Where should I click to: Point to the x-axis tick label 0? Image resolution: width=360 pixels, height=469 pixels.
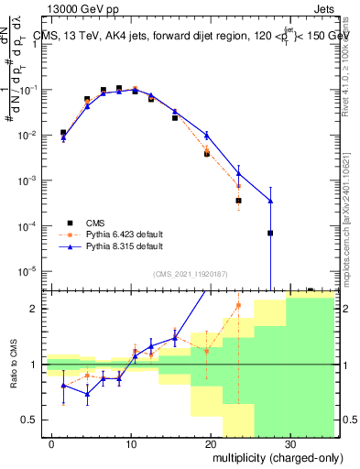click(52, 442)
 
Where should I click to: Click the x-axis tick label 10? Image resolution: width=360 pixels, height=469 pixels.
click(131, 442)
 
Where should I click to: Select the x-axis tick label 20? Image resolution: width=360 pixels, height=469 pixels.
click(211, 442)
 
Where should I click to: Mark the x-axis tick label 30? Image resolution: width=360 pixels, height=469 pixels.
click(289, 442)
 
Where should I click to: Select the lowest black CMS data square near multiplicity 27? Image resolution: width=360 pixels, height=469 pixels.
click(270, 233)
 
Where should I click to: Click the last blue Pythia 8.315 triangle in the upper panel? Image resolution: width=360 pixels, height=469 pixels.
click(270, 201)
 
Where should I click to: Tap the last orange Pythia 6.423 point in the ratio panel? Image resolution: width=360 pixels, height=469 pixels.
click(238, 305)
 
